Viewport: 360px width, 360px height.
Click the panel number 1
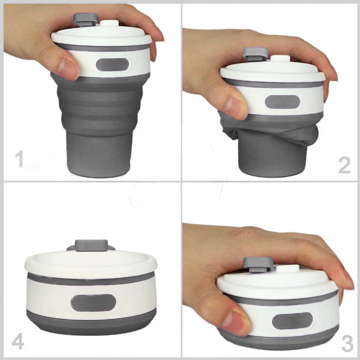point(19,159)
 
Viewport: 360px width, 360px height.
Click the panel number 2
point(344,165)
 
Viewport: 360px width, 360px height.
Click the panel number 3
point(347,343)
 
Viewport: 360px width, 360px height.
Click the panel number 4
point(18,343)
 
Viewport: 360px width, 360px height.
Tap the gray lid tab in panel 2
point(256,54)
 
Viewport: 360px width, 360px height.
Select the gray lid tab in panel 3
point(258,264)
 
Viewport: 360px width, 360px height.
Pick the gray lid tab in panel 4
point(91,245)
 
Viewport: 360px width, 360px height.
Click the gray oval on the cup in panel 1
point(113,65)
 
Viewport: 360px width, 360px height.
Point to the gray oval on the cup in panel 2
point(283,102)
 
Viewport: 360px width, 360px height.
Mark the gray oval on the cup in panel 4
point(94,303)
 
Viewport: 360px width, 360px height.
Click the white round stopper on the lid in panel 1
point(110,25)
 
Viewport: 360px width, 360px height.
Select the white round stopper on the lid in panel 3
point(288,270)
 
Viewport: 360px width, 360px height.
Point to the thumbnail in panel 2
point(231,105)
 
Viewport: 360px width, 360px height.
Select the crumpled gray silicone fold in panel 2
point(269,132)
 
